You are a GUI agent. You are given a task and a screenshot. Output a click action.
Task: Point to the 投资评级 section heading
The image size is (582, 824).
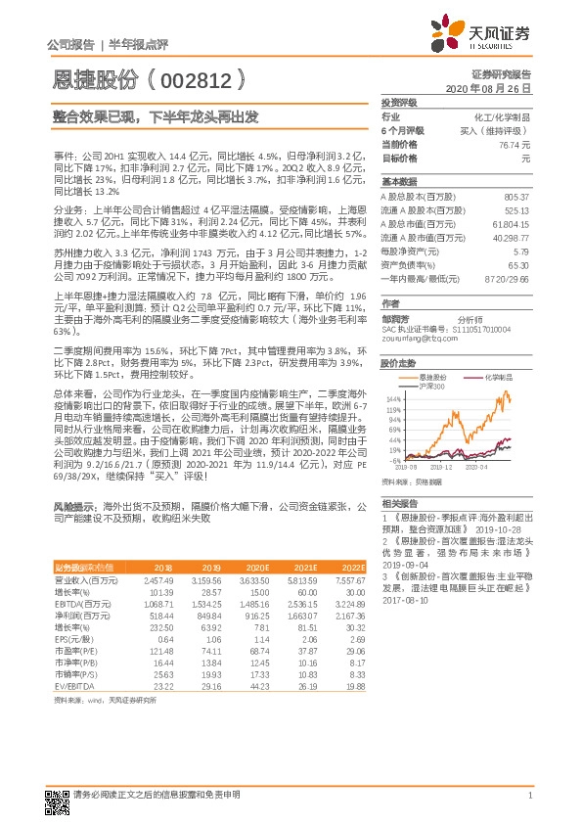(398, 102)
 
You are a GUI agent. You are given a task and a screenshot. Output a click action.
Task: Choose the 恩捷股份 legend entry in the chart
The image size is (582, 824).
(436, 376)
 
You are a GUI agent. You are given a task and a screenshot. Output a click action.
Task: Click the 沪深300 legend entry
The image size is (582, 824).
(431, 386)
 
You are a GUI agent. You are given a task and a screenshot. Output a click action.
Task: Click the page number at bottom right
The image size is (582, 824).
(529, 795)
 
